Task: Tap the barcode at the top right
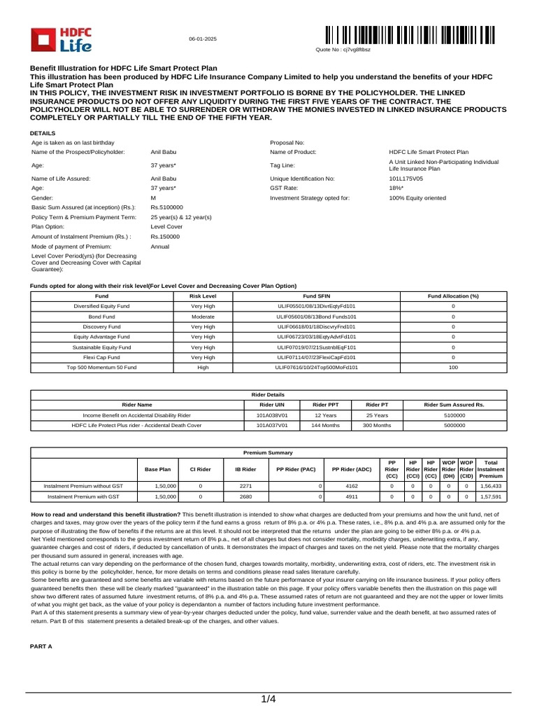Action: pos(410,36)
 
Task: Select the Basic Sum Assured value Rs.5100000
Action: pos(166,207)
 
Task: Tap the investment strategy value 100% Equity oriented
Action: pos(417,198)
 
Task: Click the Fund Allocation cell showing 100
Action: pos(453,367)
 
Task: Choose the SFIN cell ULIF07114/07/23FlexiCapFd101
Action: pos(316,357)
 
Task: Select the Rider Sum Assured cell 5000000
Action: pos(454,425)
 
